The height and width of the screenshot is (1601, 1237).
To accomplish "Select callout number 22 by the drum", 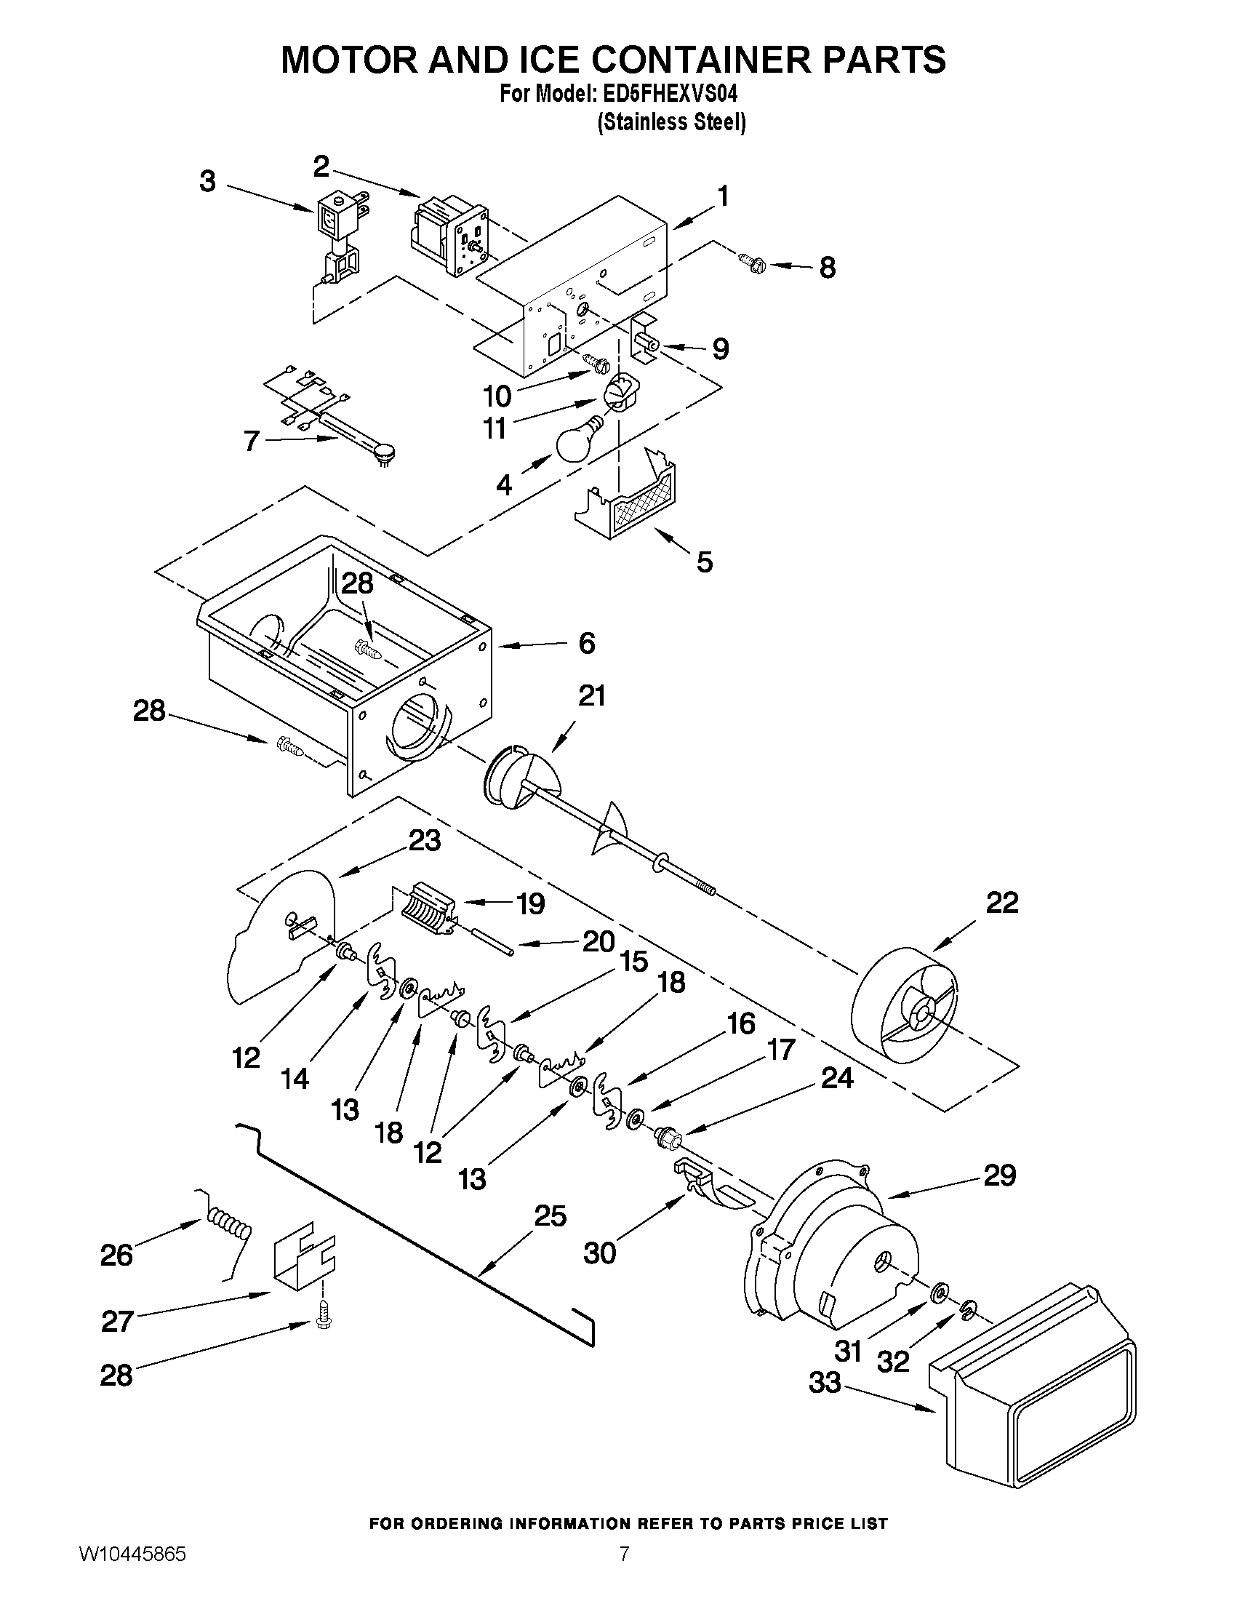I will tap(1002, 903).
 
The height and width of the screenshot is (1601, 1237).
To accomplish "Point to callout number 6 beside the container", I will tap(586, 643).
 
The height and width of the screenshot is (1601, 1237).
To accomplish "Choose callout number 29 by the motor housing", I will tap(1000, 1175).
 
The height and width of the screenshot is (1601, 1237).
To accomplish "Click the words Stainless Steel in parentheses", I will tap(672, 122).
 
